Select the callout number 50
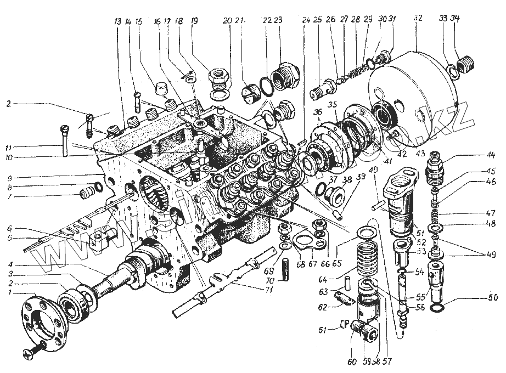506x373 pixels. [492, 298]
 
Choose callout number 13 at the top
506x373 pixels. [116, 22]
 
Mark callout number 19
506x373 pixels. [193, 21]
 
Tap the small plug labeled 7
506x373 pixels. [85, 193]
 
